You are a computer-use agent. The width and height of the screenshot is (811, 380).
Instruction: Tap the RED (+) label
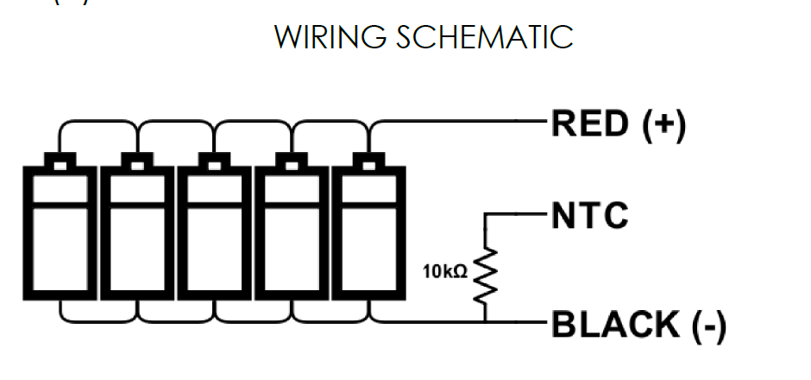[x=618, y=125]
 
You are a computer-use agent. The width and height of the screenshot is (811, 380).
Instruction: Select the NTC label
[x=591, y=216]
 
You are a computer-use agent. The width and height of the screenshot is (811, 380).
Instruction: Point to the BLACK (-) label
[x=638, y=326]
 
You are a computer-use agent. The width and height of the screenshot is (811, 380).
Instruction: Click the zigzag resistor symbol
[x=485, y=274]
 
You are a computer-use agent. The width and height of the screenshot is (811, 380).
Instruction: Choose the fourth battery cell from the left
[x=291, y=231]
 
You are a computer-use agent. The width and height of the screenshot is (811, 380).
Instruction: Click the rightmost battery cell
[x=368, y=231]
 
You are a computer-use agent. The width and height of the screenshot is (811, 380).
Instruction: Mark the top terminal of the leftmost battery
[x=60, y=161]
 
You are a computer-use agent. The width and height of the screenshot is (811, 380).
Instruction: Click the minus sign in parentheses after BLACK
[x=707, y=327]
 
